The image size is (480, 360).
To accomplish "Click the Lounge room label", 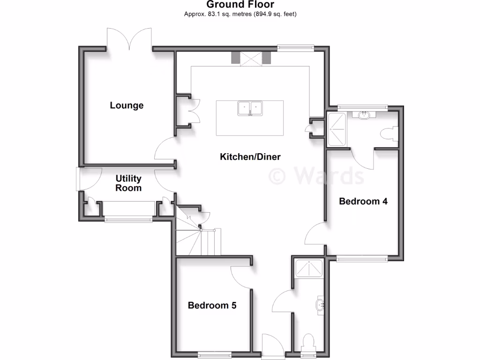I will (x=127, y=105).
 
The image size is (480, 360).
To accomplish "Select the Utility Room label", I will (x=128, y=183).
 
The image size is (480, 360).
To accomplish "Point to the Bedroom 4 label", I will (x=363, y=202).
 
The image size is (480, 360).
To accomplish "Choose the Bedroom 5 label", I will (x=212, y=306).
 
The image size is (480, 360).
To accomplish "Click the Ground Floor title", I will (x=240, y=5).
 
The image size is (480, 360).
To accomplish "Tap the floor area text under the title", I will (x=240, y=14).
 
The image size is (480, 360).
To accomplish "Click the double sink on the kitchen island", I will (x=250, y=108).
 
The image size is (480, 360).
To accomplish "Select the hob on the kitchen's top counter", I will (x=250, y=59).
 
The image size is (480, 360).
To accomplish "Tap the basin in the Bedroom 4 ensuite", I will (x=365, y=114).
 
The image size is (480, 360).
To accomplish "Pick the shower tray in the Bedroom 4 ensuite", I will (x=337, y=129).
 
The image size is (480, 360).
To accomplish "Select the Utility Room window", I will (x=128, y=218).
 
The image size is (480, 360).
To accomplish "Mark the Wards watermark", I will (x=316, y=176).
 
